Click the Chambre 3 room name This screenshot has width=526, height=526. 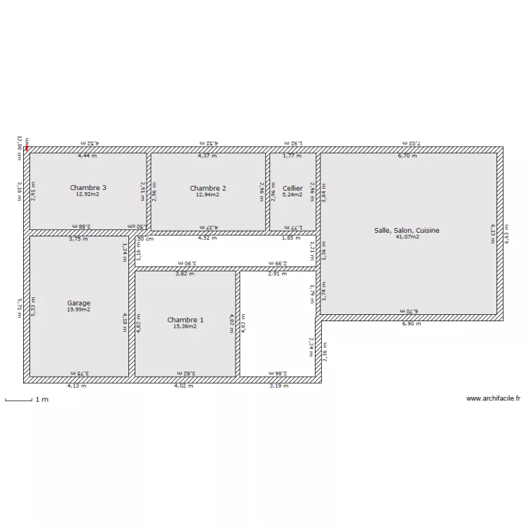(88, 187)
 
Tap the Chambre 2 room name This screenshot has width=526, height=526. (208, 188)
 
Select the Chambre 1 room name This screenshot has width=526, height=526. (185, 320)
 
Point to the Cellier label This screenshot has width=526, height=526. (292, 188)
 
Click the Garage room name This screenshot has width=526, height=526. (79, 303)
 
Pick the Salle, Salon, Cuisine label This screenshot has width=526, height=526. (407, 230)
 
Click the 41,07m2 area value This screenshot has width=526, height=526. (407, 237)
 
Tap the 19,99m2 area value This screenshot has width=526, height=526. (79, 309)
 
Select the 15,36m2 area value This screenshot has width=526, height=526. (185, 326)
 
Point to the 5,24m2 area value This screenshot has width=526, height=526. (292, 194)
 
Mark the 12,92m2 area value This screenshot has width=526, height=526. (88, 194)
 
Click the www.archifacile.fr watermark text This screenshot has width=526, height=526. (494, 399)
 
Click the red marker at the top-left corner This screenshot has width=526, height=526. (27, 147)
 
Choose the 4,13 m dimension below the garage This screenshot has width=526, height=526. (76, 385)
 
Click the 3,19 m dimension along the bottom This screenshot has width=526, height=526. (278, 385)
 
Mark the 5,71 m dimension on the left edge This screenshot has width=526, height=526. (20, 308)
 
